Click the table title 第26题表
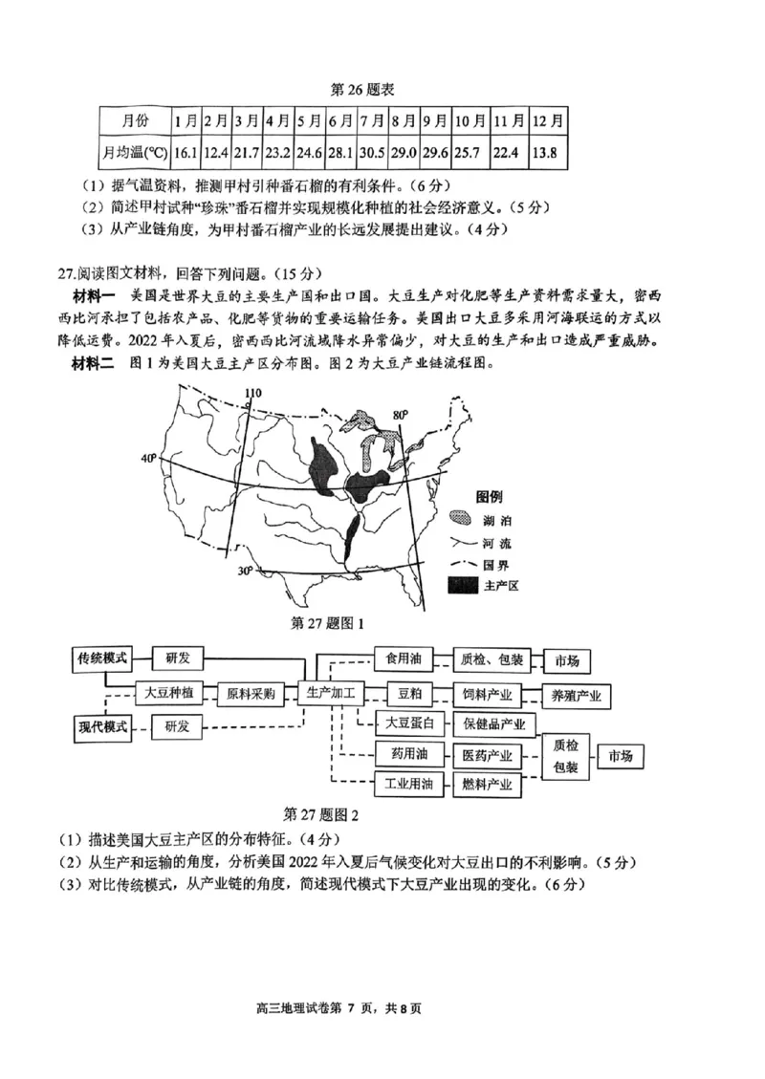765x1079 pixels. point(362,89)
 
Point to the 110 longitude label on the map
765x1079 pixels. point(251,393)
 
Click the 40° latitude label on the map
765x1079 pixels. point(149,458)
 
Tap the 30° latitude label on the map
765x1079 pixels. point(245,571)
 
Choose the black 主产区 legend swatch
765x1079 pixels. point(465,584)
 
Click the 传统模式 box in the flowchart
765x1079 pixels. point(102,658)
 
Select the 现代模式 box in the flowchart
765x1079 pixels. point(102,726)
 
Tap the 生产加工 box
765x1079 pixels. point(330,693)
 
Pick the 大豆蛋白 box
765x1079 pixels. point(410,723)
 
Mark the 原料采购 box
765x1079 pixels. point(251,694)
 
